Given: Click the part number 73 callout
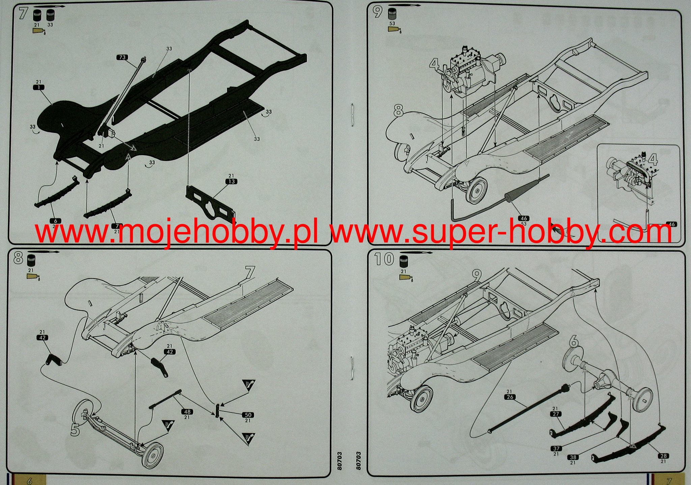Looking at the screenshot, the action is click(x=122, y=57).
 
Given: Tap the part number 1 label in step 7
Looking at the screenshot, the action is click(x=38, y=87).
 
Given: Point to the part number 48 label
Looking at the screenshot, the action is click(x=187, y=411).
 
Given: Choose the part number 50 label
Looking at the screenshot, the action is click(x=248, y=415).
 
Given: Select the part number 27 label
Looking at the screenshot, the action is click(x=556, y=414).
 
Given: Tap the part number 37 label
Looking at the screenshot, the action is click(x=556, y=449).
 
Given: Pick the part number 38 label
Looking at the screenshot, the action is click(x=573, y=457).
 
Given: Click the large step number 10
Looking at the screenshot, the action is click(x=384, y=259).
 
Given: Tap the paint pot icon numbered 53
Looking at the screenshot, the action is click(x=392, y=15).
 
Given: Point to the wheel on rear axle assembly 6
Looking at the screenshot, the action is click(x=643, y=399).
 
